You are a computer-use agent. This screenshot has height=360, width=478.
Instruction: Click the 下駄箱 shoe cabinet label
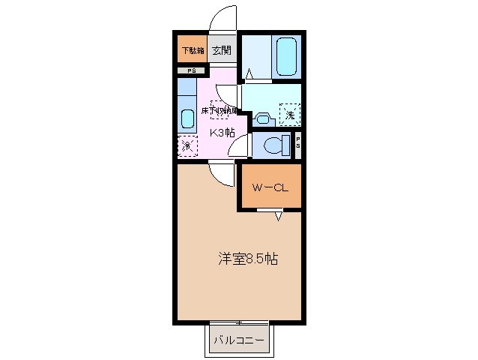[191, 50]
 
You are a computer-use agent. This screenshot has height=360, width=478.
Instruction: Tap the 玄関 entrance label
[221, 50]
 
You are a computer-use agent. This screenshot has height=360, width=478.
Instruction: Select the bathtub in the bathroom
[287, 55]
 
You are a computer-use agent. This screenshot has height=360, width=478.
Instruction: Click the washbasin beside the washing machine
[262, 117]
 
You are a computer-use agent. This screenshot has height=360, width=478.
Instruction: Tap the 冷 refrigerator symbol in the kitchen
[186, 145]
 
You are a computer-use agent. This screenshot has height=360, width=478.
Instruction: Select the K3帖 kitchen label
[222, 132]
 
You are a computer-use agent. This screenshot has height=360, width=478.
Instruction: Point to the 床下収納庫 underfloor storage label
[220, 110]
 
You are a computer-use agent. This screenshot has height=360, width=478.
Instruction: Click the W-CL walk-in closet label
[270, 187]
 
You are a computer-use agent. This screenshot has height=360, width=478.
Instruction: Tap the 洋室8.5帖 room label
[248, 259]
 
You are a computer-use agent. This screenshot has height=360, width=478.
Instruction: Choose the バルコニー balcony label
[238, 341]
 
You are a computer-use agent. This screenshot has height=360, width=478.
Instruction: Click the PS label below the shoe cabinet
[191, 70]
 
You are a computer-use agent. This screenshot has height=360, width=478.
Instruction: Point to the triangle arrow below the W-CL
[279, 217]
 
